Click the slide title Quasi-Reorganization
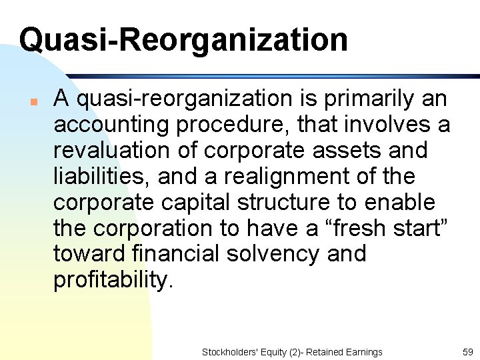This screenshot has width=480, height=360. (x=183, y=39)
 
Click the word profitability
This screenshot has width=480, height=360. (x=113, y=280)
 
